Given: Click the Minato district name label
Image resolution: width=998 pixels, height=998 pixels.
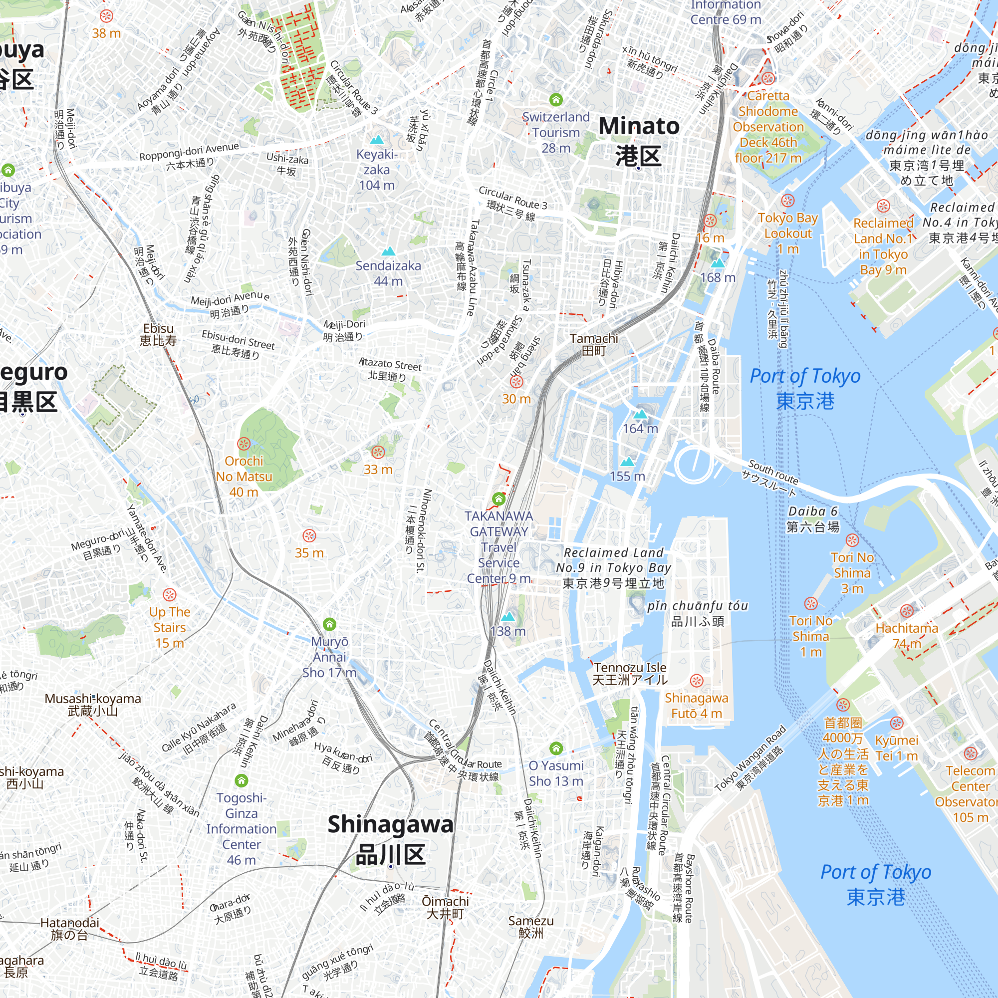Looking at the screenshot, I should click(x=639, y=140).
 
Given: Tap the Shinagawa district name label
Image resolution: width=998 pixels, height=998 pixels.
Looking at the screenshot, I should click(x=391, y=839).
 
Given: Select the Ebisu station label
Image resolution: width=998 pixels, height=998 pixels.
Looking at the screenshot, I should click(x=159, y=335).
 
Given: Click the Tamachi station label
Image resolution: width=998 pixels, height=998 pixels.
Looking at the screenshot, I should click(x=594, y=344).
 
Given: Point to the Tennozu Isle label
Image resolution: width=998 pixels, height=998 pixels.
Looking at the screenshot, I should click(x=630, y=674).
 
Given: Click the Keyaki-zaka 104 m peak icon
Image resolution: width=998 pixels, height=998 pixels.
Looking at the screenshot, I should click(x=377, y=140).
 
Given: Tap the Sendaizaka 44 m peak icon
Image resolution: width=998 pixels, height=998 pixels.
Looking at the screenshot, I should click(x=388, y=251).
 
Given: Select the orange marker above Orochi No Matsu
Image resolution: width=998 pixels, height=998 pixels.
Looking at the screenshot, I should click(x=244, y=444).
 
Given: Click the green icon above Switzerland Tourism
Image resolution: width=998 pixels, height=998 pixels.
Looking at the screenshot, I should click(x=556, y=99).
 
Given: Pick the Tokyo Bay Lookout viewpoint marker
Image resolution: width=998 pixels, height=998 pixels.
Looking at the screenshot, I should click(x=788, y=201).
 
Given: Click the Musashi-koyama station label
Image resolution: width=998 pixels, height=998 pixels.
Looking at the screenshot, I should click(x=93, y=705).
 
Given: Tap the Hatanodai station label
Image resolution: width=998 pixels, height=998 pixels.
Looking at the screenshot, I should click(x=70, y=928).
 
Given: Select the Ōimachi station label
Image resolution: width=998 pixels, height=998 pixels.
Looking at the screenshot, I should click(x=445, y=907).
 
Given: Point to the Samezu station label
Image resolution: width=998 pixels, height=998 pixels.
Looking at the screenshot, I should click(x=531, y=927).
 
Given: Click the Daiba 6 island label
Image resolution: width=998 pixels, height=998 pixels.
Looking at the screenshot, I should click(x=813, y=519).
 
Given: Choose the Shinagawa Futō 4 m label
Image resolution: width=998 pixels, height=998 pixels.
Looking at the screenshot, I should click(x=696, y=706).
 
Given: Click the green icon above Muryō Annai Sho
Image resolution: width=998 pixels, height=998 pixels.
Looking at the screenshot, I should click(x=329, y=624).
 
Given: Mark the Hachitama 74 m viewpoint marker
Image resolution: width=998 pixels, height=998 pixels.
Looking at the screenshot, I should click(x=907, y=612).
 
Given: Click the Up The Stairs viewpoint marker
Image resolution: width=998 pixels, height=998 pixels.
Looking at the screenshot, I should click(x=170, y=595).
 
